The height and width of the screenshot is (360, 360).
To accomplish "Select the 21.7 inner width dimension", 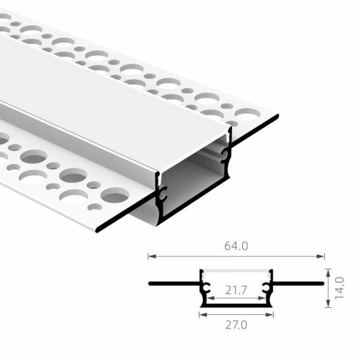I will click(x=236, y=290).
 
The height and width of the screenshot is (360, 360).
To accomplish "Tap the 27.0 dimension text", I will click(x=237, y=325).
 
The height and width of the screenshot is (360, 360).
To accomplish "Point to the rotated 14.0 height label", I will click(x=340, y=289).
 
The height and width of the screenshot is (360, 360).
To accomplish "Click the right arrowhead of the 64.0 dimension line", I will click(x=323, y=256).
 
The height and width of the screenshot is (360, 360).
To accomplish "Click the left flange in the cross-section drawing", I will click(x=174, y=282).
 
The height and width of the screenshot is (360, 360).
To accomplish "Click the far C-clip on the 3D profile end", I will click(x=225, y=155).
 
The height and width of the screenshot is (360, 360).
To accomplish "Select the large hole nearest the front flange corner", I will click(x=115, y=196).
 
